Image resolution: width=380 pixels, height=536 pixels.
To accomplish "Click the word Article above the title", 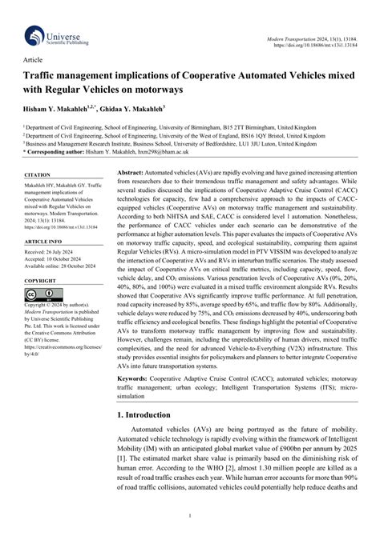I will [x=33, y=59].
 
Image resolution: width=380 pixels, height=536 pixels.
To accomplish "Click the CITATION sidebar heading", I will [x=38, y=174].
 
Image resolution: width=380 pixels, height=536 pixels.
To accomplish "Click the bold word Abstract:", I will [x=135, y=174].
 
